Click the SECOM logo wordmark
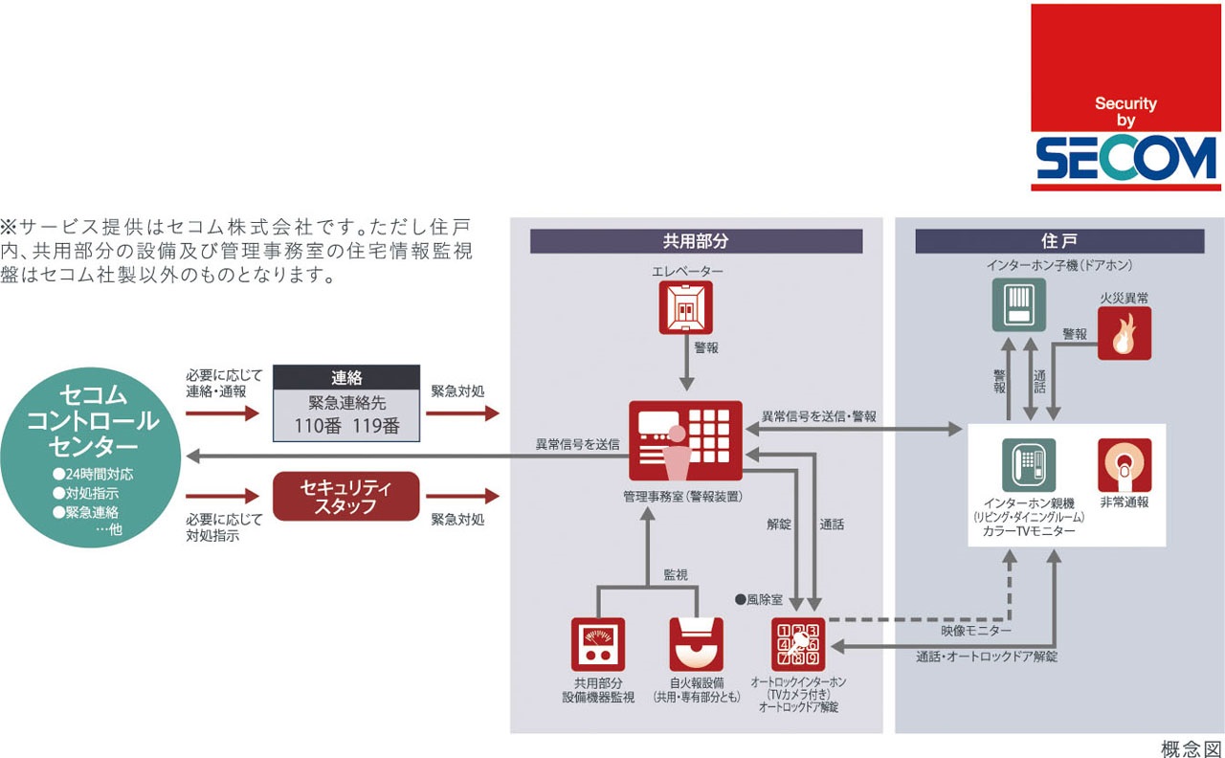(x=1126, y=160)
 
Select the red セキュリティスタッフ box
(x=346, y=496)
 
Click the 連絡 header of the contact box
(x=346, y=377)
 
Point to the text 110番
(x=317, y=427)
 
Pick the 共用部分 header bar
(x=696, y=241)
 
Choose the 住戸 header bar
(x=1058, y=241)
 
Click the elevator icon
(x=686, y=307)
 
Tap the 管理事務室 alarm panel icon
(x=686, y=440)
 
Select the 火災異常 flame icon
(x=1125, y=333)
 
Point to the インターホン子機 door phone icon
(x=1017, y=305)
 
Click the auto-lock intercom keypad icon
(x=797, y=644)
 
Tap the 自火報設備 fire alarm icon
(x=696, y=644)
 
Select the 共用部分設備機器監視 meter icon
(x=598, y=644)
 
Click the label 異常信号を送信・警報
(x=818, y=417)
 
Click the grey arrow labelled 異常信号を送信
(x=383, y=456)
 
